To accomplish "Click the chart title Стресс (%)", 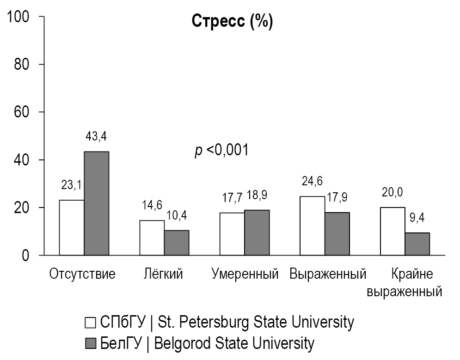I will point(232,22).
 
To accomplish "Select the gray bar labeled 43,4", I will point(97,203).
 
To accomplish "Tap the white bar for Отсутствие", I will point(72,227).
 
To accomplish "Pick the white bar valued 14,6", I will point(152,238).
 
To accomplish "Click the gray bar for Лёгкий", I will point(177,243).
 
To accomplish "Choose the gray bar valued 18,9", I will point(257,232).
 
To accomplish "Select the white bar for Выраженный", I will point(312,226).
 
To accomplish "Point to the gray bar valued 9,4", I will point(417,244).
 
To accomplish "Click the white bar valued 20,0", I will point(393,231).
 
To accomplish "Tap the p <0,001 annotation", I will point(221,150).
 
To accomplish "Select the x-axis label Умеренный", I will point(245,274).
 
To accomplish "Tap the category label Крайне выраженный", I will point(405,283).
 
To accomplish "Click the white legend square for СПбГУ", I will point(91,322).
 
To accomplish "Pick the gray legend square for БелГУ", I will point(91,343).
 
